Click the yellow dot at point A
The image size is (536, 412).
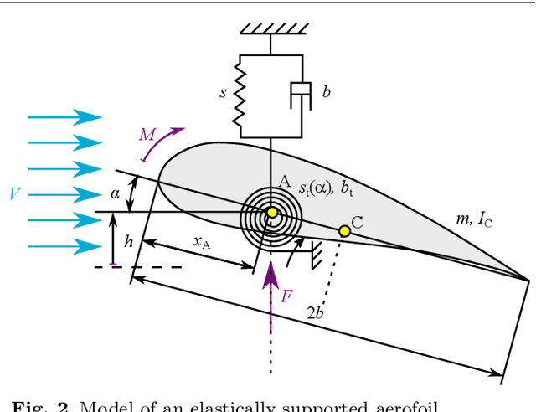(x=271, y=214)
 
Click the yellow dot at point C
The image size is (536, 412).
(x=344, y=230)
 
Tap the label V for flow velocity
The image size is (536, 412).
(x=15, y=194)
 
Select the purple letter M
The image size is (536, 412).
(x=147, y=134)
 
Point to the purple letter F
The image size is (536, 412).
(x=286, y=296)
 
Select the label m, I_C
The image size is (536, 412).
(x=473, y=220)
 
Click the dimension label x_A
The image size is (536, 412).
(x=202, y=242)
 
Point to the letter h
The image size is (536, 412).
(x=128, y=241)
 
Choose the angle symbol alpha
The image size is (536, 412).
(x=116, y=194)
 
